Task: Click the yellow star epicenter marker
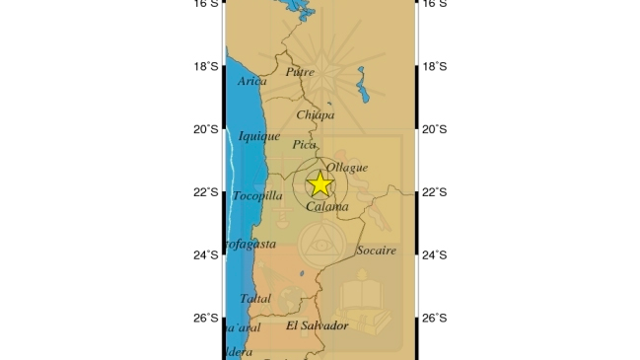tap(320, 184)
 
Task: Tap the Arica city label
tap(251, 81)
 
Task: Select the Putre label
tap(300, 71)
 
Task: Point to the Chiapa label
tap(316, 114)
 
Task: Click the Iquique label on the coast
tap(259, 136)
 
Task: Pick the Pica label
tap(305, 145)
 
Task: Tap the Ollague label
tap(346, 168)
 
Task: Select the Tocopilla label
tap(257, 195)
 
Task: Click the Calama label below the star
tap(327, 207)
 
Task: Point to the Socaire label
tap(376, 251)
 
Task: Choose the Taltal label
tap(254, 298)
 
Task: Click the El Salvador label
tap(318, 325)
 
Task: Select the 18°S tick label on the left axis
tap(205, 66)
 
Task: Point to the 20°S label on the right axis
tap(435, 129)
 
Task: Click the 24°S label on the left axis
tap(205, 255)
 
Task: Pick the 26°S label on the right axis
tap(435, 318)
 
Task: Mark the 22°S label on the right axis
tap(435, 192)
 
